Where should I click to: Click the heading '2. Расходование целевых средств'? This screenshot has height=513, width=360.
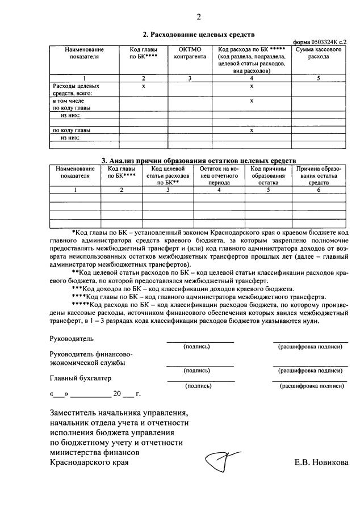click(195, 35)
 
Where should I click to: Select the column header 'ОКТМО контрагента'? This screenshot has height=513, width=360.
click(191, 53)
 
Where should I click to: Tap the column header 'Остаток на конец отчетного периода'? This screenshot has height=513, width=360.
click(219, 176)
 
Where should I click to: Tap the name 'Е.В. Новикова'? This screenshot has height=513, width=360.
click(321, 462)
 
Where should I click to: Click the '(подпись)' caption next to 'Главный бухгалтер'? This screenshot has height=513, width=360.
click(199, 386)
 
